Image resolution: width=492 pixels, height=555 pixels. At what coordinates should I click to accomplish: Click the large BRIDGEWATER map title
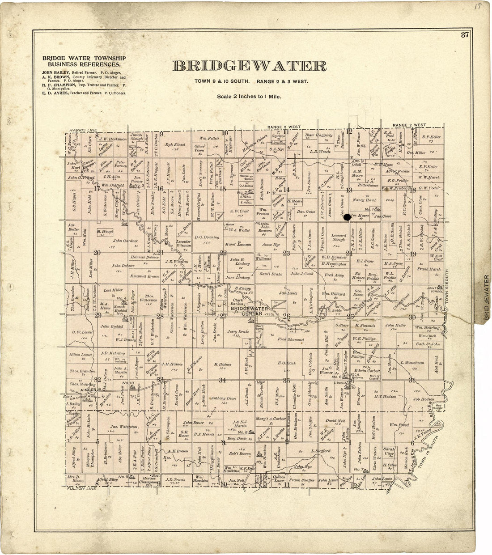tap(250, 66)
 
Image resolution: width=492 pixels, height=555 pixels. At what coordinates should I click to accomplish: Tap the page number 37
tap(465, 36)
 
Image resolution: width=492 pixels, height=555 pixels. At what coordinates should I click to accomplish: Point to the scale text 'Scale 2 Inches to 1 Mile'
tap(249, 96)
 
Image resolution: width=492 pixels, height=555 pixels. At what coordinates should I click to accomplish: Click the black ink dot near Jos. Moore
tap(347, 218)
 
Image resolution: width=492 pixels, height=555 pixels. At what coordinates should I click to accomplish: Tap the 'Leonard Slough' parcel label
tap(339, 237)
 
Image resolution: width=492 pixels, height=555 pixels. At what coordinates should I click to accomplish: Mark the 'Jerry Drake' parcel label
tap(238, 332)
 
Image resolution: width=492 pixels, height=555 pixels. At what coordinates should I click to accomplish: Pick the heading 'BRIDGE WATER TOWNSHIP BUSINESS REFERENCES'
tap(84, 61)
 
